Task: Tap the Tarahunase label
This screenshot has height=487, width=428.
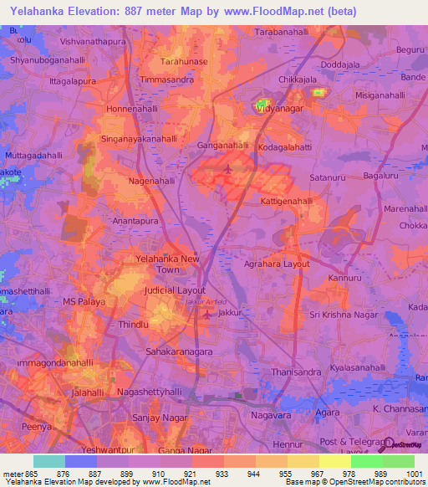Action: coord(184,62)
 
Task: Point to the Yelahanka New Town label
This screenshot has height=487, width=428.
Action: coord(168,264)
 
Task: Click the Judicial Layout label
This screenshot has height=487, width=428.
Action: coord(175,290)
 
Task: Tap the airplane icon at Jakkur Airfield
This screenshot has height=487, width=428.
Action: coord(208,315)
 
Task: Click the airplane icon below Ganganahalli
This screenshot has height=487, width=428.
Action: coord(229,170)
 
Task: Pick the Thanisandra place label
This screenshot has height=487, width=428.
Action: coord(298,373)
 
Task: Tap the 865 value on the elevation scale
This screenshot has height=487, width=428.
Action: coord(33,474)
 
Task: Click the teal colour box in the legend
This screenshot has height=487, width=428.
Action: coord(49,461)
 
